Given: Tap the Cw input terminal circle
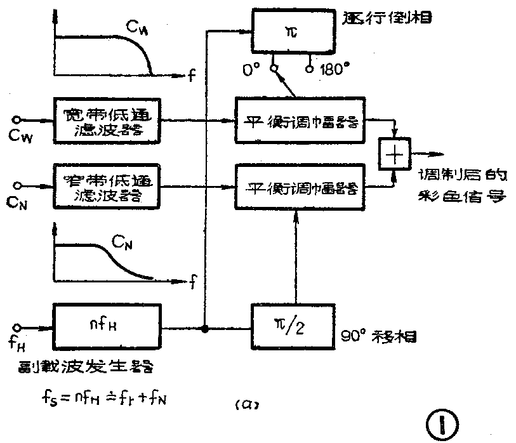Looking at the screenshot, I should [x=20, y=118].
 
